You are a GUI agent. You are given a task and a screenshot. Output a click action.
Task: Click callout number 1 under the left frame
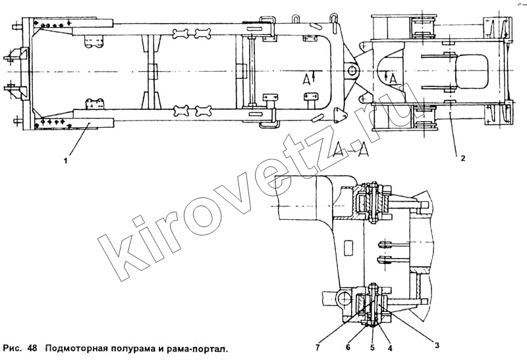[x=66, y=161]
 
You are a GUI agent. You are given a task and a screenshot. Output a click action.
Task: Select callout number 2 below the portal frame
[x=463, y=159]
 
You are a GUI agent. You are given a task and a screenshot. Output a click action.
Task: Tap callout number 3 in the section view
[x=437, y=345]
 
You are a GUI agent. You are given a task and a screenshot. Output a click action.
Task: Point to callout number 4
[x=390, y=348]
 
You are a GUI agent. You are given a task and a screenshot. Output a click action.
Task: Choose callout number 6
[x=348, y=347]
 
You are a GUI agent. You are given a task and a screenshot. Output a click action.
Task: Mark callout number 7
[x=318, y=347]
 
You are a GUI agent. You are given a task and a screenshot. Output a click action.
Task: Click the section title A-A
[x=350, y=149]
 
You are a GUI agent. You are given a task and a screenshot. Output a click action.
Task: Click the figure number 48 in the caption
[x=32, y=348]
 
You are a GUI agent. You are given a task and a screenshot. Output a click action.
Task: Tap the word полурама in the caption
[x=128, y=349]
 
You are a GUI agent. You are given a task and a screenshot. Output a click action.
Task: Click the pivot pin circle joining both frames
[x=352, y=71]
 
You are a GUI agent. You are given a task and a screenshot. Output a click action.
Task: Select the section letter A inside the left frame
[x=307, y=79]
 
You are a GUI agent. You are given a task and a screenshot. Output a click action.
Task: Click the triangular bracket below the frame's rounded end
[x=339, y=115]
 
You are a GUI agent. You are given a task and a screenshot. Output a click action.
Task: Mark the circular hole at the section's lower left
[x=344, y=298]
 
